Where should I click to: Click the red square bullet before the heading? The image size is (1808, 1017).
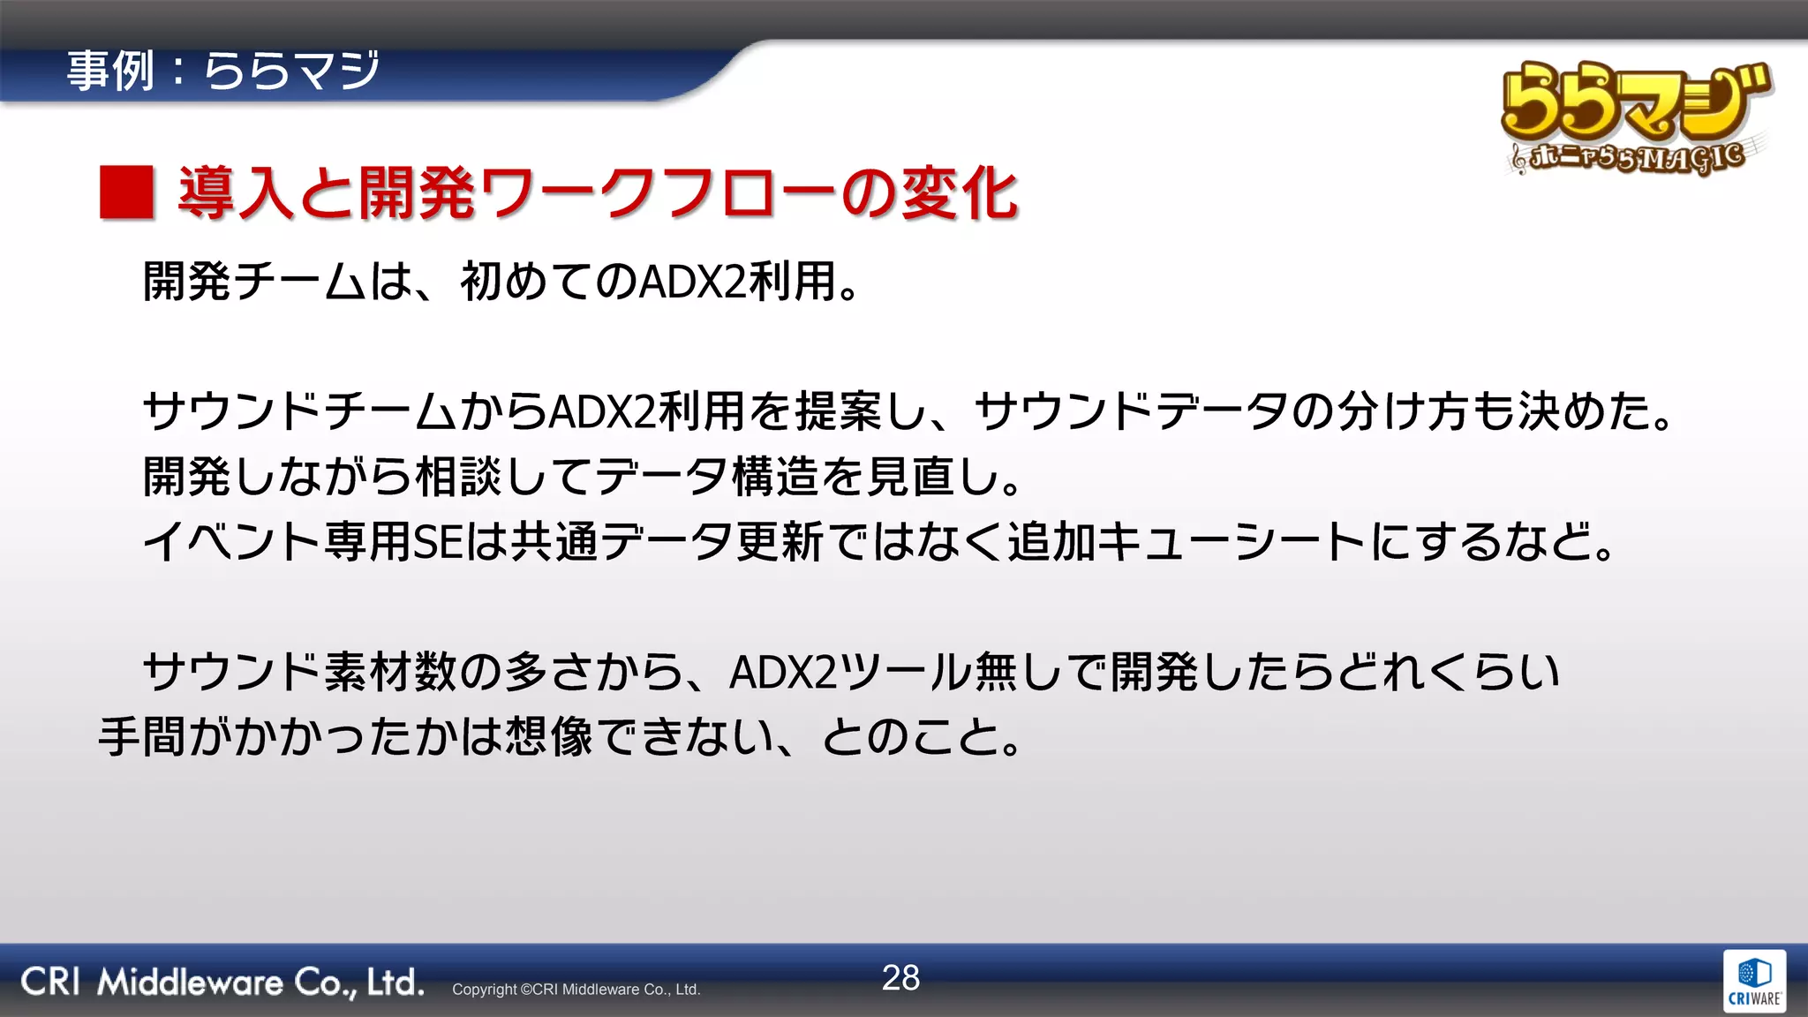click(127, 192)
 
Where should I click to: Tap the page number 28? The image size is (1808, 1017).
click(900, 977)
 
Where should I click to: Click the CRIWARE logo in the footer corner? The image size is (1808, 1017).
click(1754, 982)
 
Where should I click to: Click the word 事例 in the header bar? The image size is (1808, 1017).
click(110, 71)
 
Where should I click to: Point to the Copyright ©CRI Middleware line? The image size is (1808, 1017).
click(576, 990)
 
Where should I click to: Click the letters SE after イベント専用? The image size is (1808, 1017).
click(438, 541)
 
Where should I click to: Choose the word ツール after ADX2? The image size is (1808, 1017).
click(904, 672)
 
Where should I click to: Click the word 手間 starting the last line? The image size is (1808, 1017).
click(141, 737)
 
